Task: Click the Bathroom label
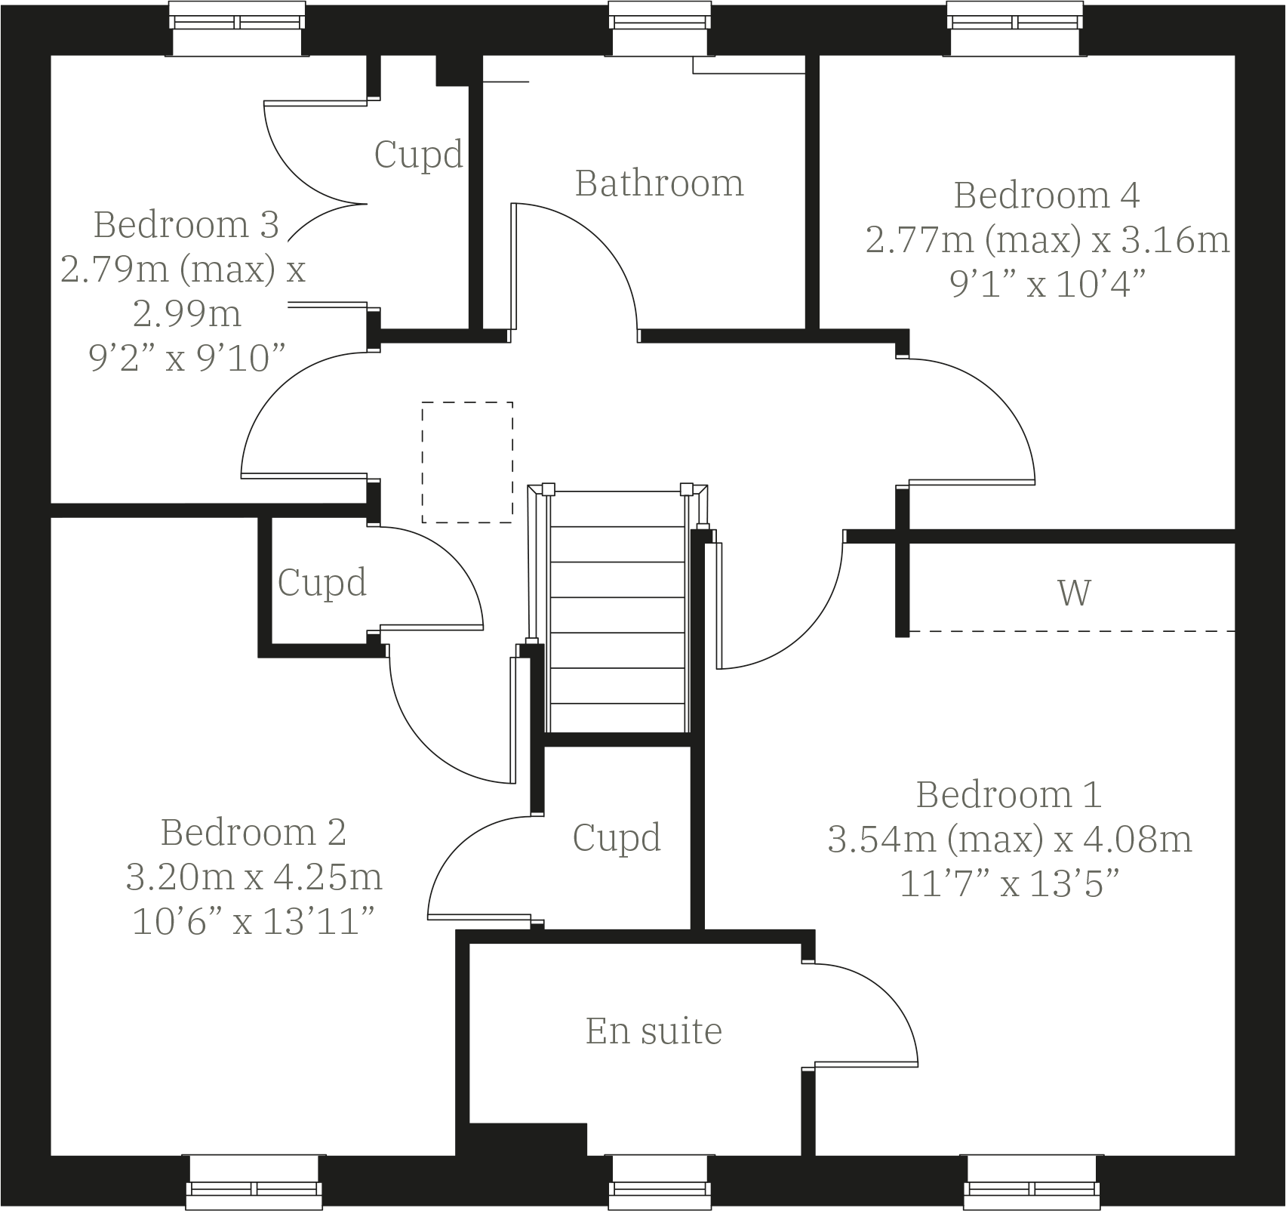coord(659,183)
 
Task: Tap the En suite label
coord(654,1031)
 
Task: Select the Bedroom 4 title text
coord(1046,195)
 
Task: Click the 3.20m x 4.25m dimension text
coord(254,877)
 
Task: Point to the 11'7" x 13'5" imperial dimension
coord(1009,883)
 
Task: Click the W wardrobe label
coord(1073,593)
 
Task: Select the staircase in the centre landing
coord(617,612)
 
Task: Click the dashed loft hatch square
coord(467,462)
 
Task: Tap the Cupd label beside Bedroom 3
coord(418,155)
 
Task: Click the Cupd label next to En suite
coord(617,837)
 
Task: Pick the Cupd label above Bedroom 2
coord(322,582)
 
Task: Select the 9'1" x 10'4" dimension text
coord(1048,285)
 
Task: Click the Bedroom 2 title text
coord(253,833)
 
